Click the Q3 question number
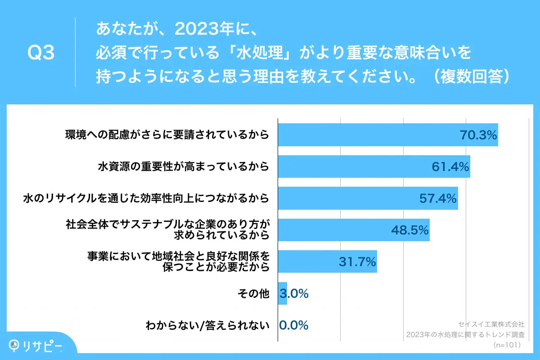click(x=41, y=53)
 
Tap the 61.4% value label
click(x=450, y=166)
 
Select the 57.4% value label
click(x=438, y=198)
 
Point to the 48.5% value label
click(x=409, y=230)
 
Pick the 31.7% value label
click(x=357, y=262)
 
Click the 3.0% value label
click(x=294, y=294)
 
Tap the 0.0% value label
click(x=294, y=325)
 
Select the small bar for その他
click(x=283, y=294)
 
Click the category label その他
click(x=253, y=294)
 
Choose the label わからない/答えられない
click(x=207, y=325)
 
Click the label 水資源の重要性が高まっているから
click(x=184, y=166)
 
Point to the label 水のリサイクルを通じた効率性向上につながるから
click(x=146, y=198)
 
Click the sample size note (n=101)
click(x=507, y=345)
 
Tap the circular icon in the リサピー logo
click(x=16, y=344)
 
